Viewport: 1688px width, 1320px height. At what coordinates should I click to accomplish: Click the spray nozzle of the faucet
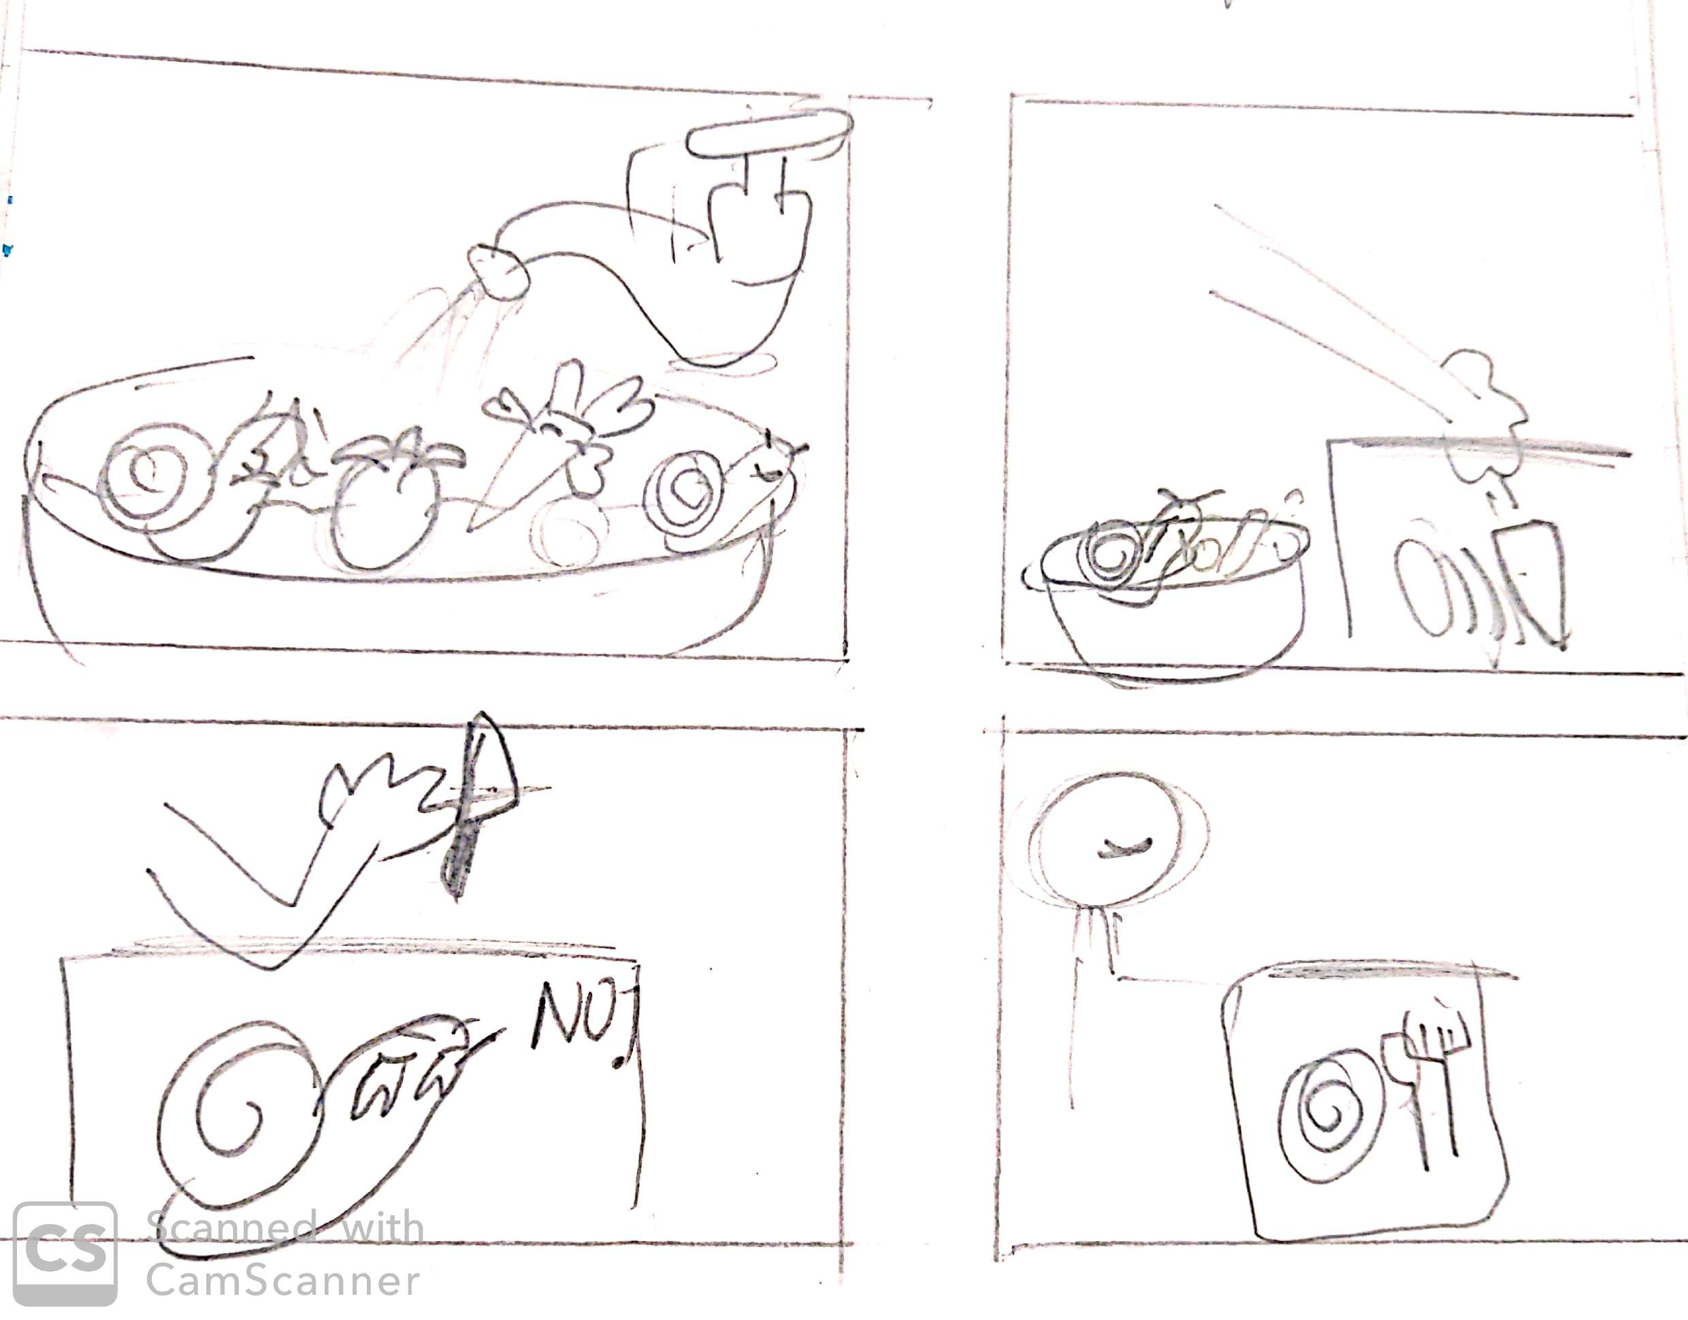tap(498, 271)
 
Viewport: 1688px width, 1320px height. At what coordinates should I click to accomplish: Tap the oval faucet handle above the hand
tap(770, 133)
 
